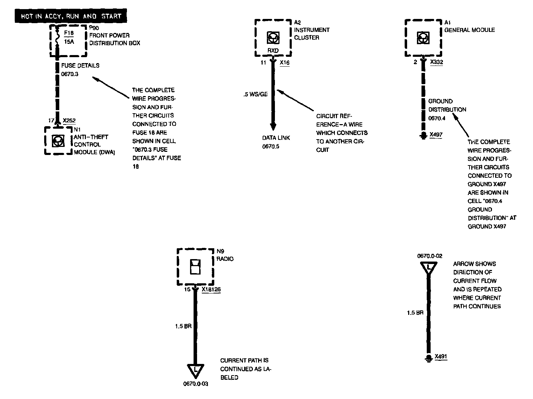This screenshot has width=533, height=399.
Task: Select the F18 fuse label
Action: coord(69,34)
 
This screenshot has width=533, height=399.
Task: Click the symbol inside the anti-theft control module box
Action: coord(57,141)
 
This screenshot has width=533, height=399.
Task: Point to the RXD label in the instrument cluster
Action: coord(273,51)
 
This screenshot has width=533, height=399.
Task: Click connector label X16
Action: coord(284,63)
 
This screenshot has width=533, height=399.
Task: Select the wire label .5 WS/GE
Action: coord(256,94)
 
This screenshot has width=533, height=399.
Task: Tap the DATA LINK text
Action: coord(276,138)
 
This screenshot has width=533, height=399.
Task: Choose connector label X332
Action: coord(437,62)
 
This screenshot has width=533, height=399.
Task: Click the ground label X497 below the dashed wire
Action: coord(436,135)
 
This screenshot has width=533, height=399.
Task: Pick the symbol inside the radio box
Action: coord(195,267)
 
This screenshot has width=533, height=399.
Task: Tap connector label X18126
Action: coord(211,290)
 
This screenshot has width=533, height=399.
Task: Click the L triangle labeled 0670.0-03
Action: coord(195,370)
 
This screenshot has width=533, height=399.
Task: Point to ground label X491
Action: coord(441,357)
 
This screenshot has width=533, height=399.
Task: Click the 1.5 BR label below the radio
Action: coord(183,326)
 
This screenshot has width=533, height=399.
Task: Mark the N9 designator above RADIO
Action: coord(220,251)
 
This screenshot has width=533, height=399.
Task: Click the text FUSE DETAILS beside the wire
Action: coord(80,66)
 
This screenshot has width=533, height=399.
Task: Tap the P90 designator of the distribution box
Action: coord(94,28)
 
